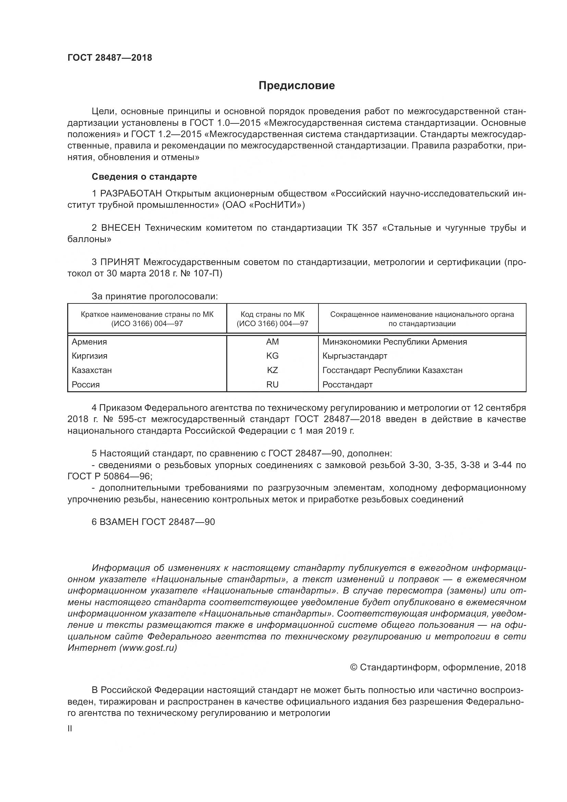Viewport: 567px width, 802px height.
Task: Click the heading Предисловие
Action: click(x=297, y=86)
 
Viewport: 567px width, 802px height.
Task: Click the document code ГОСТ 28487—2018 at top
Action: click(x=110, y=58)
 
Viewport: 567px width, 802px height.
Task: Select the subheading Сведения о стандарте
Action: click(x=144, y=177)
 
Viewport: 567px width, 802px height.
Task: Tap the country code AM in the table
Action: click(x=272, y=342)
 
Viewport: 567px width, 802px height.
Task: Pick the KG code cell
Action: click(x=272, y=356)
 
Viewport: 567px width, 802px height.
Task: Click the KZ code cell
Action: click(x=272, y=370)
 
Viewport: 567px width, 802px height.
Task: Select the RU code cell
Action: click(x=272, y=385)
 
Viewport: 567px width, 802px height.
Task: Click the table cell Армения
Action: click(x=89, y=342)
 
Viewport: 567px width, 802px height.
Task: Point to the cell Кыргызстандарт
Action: click(x=355, y=356)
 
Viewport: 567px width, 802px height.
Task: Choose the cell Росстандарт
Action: click(x=347, y=385)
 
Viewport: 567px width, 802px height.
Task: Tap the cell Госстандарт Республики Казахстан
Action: click(x=393, y=370)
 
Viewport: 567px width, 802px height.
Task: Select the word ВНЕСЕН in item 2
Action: click(x=121, y=228)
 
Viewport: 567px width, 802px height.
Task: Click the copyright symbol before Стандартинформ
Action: click(x=353, y=668)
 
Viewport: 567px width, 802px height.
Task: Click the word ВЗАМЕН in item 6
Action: click(x=119, y=522)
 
